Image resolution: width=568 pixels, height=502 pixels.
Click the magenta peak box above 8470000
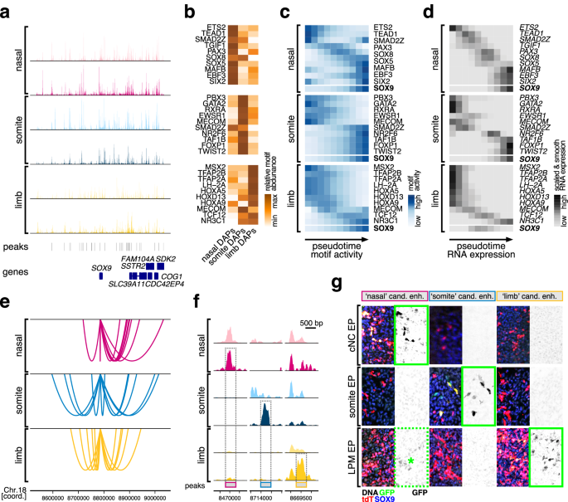click(230, 480)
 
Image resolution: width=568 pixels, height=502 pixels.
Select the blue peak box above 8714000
click(266, 480)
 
